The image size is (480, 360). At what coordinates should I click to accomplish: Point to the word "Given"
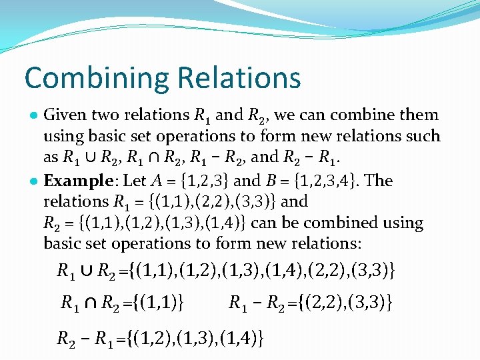tap(65, 115)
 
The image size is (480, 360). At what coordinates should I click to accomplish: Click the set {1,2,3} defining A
tap(198, 181)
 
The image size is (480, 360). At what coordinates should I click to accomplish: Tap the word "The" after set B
tap(379, 181)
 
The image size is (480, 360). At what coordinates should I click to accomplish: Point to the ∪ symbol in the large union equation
tap(86, 271)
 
